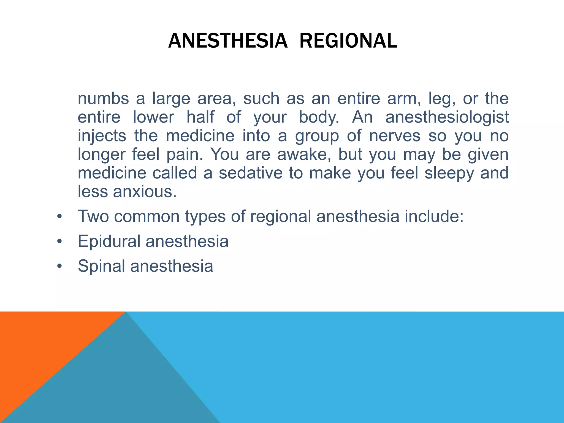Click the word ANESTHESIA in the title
coord(228,41)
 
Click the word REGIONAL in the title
coord(348,41)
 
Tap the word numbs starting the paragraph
coord(103,99)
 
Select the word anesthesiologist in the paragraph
coord(447,117)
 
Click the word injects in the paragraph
coord(102,136)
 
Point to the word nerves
coord(395,136)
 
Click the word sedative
coord(251,173)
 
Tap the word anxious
coord(145,192)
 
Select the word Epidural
coord(109,242)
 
